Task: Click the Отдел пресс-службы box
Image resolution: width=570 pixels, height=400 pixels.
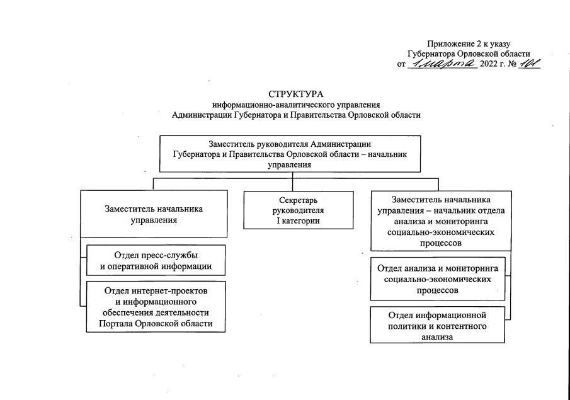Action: [x=156, y=260]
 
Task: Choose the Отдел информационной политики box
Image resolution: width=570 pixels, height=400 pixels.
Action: [x=437, y=325]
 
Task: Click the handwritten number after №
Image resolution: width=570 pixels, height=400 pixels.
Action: [x=527, y=64]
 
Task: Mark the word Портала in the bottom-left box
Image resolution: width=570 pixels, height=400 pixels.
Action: [x=115, y=324]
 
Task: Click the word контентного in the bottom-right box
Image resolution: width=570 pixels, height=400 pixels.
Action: [x=464, y=325]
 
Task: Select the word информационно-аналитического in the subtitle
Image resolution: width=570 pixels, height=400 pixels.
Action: [x=274, y=105]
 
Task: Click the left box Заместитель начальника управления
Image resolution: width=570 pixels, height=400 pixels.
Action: [x=153, y=215]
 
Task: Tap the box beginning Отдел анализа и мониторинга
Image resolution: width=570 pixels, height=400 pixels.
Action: [x=437, y=278]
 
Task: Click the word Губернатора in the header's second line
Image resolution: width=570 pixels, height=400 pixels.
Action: [x=434, y=54]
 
